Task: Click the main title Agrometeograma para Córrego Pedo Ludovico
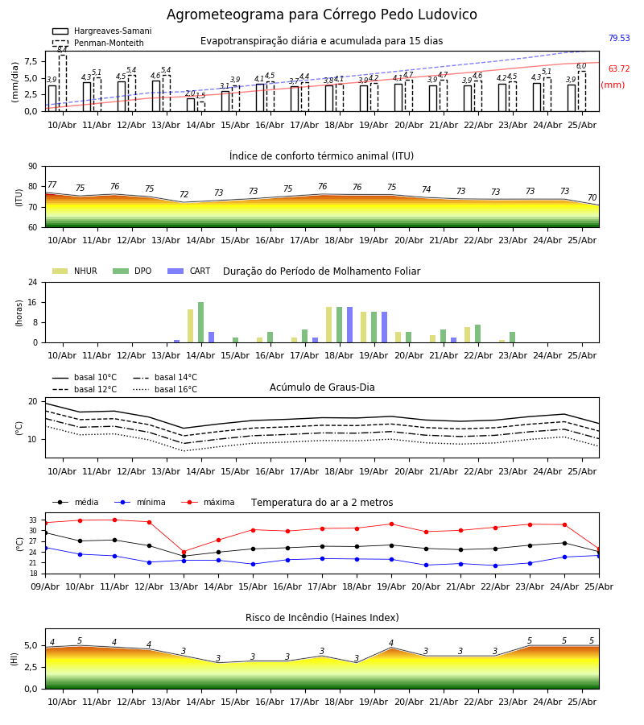coord(321,14)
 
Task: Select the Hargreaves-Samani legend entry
coord(101,31)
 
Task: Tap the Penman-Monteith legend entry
coord(98,43)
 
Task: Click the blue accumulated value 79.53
coord(619,38)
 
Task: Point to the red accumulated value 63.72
coord(619,69)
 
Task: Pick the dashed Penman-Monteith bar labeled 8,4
coord(62,83)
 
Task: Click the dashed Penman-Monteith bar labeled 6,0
coord(582,92)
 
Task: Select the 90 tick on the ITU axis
coord(32,167)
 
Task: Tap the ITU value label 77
coord(52,185)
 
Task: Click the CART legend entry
coord(189,271)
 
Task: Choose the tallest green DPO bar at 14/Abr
coord(200,322)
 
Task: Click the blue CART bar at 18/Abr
coord(349,325)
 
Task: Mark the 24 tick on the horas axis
coord(32,282)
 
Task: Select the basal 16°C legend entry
coord(165,389)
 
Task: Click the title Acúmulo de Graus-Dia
coord(322,387)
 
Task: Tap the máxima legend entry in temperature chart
coord(208,502)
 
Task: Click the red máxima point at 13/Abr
coord(184,552)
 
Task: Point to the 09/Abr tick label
coord(45,586)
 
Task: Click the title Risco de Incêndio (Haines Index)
coord(322,618)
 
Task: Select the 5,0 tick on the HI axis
coord(31,645)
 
